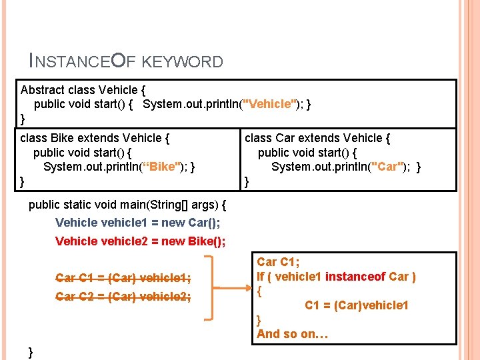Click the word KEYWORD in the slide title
point(183,63)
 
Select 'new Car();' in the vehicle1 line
point(190,223)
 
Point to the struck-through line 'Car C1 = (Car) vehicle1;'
point(123,278)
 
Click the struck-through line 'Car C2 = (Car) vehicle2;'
point(123,297)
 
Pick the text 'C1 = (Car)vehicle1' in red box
point(357,305)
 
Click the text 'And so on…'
point(292,334)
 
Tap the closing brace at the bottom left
point(31,351)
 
